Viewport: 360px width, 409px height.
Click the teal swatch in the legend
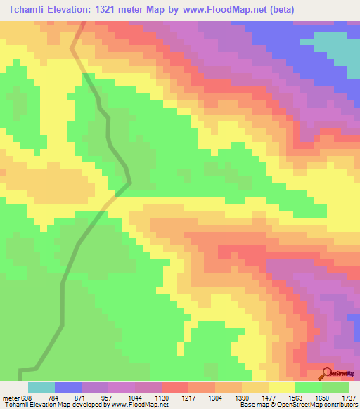(41, 387)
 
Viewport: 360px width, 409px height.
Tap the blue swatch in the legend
(68, 387)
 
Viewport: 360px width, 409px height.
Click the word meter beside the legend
(11, 397)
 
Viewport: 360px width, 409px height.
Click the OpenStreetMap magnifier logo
(328, 372)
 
